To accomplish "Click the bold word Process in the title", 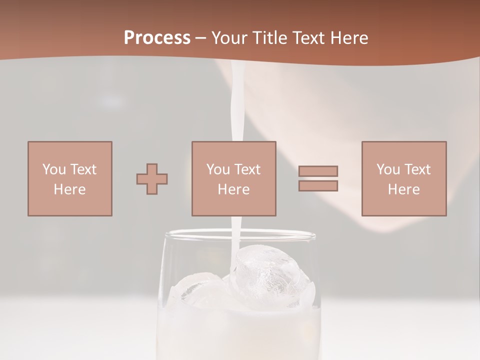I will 157,38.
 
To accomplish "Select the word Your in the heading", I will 230,38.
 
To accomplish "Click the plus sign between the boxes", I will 152,178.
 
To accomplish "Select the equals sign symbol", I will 318,178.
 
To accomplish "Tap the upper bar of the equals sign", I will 318,171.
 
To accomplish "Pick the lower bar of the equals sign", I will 318,186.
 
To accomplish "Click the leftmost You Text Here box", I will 70,178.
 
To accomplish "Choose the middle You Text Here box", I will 233,178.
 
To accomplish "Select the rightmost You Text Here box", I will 403,178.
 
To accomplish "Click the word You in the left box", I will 53,169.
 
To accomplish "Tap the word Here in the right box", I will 403,189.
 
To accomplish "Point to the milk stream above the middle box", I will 236,110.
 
